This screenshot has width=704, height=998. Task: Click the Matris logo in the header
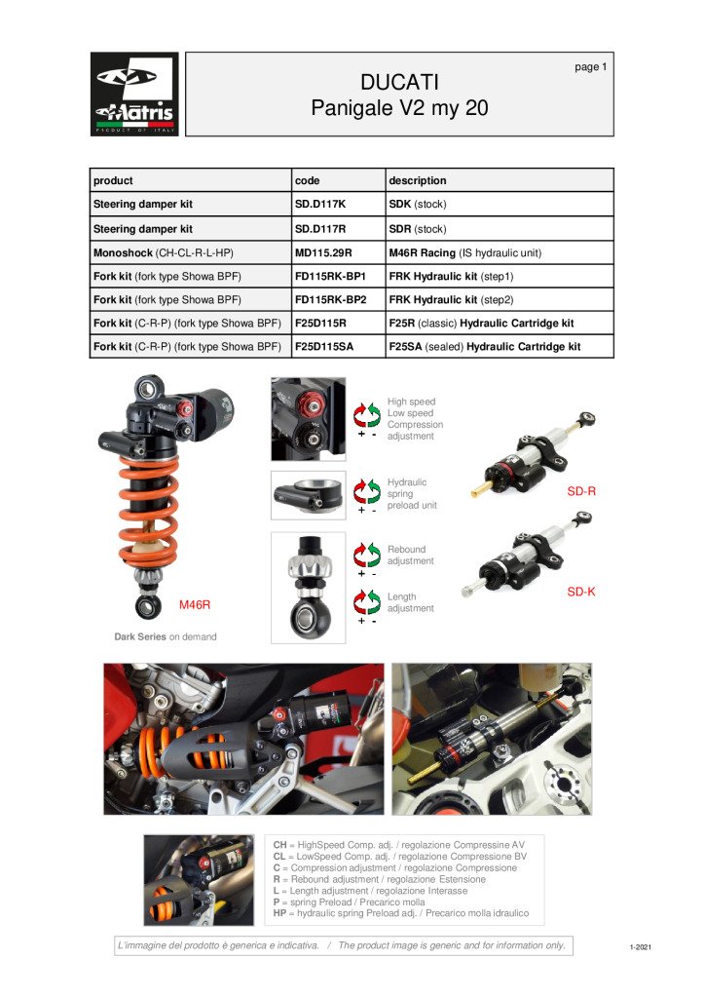tap(134, 94)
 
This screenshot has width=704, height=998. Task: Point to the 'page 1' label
tap(590, 67)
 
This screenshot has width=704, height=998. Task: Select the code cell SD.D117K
tap(320, 205)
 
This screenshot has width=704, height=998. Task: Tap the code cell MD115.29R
tap(323, 252)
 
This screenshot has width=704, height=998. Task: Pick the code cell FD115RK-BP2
tap(330, 299)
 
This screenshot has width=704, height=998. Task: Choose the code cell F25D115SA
tap(329, 346)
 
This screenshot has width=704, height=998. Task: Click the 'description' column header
tap(418, 180)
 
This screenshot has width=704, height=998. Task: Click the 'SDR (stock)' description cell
tap(418, 229)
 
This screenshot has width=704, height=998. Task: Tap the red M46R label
tap(195, 605)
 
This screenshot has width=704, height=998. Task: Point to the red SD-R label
tap(581, 491)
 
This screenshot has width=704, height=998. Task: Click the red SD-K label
tap(581, 592)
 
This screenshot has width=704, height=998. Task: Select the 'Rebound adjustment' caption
tap(410, 556)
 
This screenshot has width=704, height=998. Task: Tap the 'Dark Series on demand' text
tap(166, 636)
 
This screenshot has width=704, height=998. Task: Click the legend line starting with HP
tap(400, 913)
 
